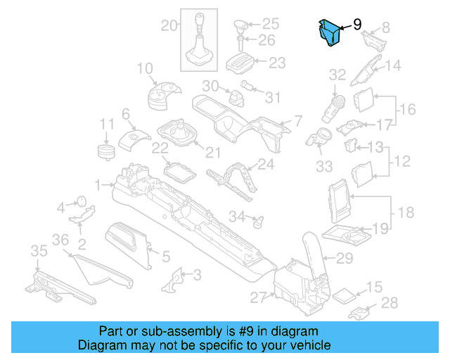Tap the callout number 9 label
coord(357,25)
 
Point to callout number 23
coord(277,63)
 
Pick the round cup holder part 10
coord(163,96)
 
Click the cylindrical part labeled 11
coord(106,153)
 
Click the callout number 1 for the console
coord(99,185)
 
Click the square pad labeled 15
coord(345,295)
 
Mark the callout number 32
coord(337,75)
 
